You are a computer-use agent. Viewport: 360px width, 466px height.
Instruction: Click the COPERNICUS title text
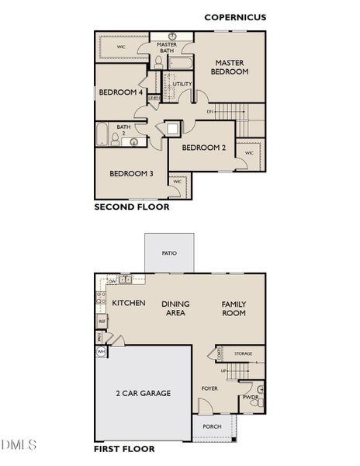(235, 16)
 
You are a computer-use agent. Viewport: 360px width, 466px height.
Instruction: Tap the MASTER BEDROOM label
(230, 67)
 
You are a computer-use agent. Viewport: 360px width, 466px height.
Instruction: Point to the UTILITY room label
(182, 84)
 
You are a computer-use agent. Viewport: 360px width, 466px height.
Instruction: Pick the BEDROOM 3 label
(130, 173)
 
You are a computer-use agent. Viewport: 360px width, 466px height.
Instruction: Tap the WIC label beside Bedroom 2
(248, 153)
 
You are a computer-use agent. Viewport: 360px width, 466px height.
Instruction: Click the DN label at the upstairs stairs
(209, 112)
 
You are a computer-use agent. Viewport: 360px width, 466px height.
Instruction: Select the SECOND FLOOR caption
(131, 207)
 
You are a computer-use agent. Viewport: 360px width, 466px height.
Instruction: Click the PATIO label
(169, 253)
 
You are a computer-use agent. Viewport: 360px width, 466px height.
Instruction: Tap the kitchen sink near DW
(125, 280)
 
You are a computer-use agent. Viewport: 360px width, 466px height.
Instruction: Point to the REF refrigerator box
(101, 321)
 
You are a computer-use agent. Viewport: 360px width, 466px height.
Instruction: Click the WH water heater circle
(101, 352)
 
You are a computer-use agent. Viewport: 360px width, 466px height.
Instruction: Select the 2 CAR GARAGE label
(144, 393)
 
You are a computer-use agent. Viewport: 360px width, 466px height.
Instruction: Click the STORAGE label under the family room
(244, 353)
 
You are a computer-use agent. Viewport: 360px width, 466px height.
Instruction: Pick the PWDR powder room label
(250, 397)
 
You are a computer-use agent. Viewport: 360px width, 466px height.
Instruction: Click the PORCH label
(212, 426)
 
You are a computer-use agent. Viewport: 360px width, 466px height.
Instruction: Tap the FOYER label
(209, 388)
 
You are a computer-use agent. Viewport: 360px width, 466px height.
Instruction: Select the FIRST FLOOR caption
(124, 449)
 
